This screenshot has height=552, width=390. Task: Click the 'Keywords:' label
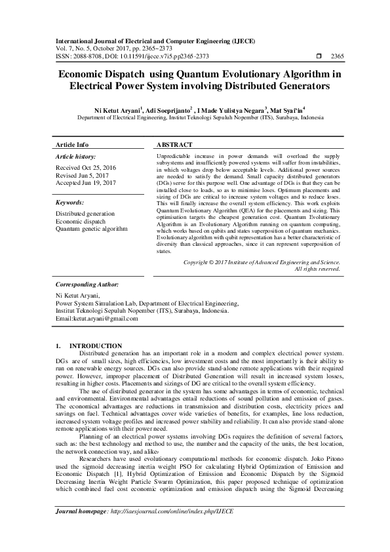[69, 203]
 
